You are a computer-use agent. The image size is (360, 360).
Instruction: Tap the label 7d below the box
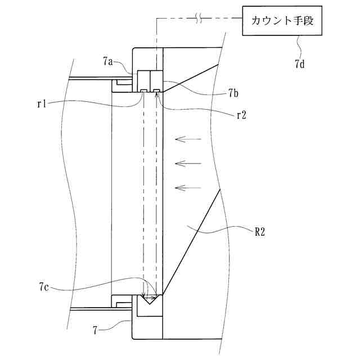point(300,64)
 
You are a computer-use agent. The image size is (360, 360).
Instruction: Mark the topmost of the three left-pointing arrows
point(187,138)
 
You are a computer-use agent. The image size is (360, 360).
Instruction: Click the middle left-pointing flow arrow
point(187,163)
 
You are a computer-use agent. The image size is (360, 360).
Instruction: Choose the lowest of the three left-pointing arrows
point(187,187)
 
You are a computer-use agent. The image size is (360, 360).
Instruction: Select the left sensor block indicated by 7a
point(143,78)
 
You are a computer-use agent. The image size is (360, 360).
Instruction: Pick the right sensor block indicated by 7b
point(155,78)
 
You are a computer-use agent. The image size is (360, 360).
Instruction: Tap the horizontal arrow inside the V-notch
point(149,296)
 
